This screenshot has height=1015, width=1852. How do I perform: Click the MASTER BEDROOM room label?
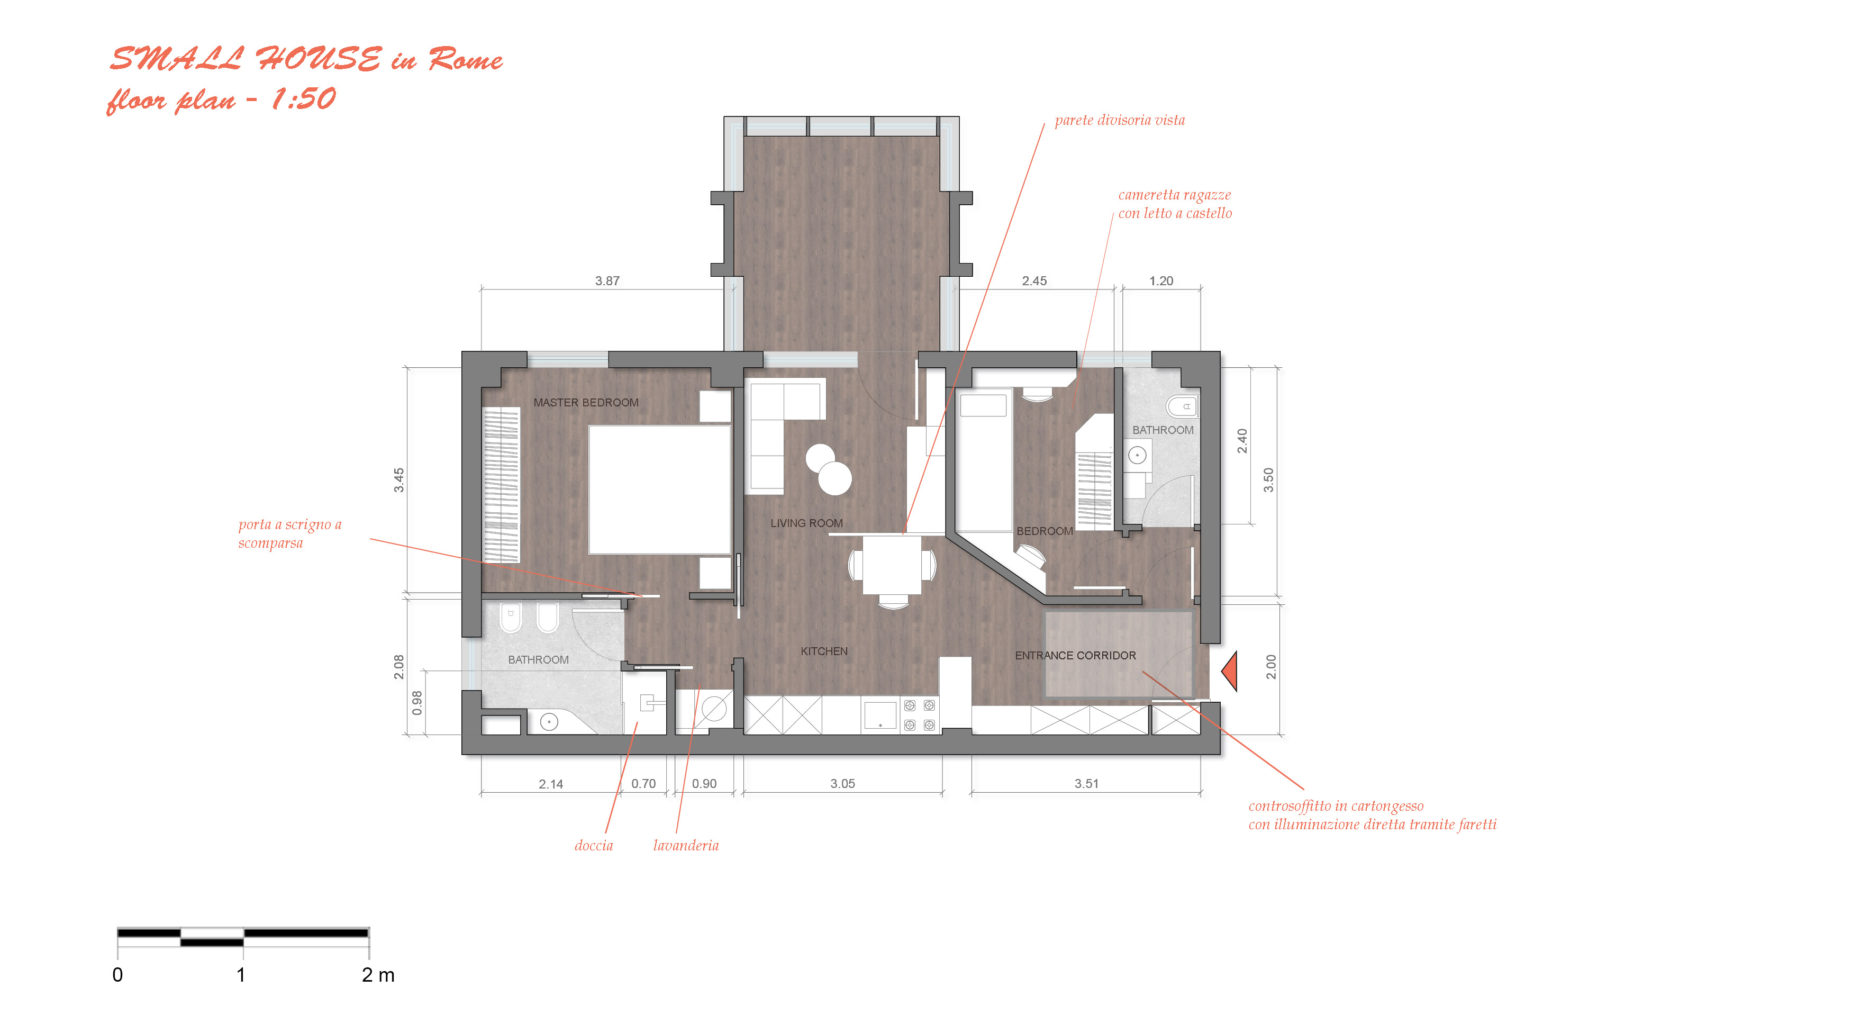(x=586, y=403)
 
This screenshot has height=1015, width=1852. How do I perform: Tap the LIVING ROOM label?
(x=806, y=523)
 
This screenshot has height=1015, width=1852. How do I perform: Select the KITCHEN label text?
(x=824, y=651)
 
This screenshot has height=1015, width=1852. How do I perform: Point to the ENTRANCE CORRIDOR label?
(x=1076, y=656)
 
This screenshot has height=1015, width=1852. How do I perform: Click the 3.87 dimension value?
(x=607, y=281)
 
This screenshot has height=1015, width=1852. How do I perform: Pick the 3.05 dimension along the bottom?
(x=842, y=784)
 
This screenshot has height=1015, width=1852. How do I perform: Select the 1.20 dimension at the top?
(x=1161, y=281)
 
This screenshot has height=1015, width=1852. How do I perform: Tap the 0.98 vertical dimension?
(x=417, y=702)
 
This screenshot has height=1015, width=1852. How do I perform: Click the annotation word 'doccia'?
(x=594, y=845)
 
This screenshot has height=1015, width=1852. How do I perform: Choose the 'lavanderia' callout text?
(x=686, y=845)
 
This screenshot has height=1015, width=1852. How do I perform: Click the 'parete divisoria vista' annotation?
(x=1119, y=120)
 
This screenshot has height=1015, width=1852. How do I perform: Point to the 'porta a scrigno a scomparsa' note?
(x=290, y=533)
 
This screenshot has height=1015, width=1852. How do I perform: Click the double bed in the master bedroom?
(x=659, y=490)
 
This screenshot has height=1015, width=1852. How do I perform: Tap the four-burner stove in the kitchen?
(x=920, y=715)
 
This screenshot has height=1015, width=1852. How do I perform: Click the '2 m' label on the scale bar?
(x=378, y=975)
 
